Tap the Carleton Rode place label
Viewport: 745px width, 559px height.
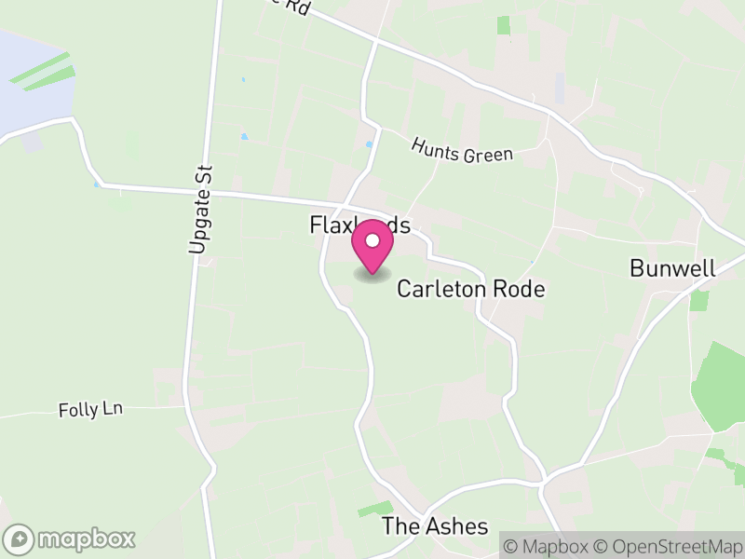470,289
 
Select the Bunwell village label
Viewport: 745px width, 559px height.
672,269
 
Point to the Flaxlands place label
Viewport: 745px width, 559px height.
359,226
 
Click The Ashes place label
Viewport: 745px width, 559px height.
434,526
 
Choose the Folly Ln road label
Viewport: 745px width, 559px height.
90,409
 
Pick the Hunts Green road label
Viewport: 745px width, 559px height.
462,149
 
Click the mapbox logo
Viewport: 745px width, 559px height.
71,539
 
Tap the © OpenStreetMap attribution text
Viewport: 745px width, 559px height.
668,545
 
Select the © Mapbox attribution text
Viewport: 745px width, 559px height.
548,545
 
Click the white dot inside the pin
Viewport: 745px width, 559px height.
372,240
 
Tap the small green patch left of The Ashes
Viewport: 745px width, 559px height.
374,509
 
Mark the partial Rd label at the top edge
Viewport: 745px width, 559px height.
294,6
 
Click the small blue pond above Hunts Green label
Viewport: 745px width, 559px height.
369,144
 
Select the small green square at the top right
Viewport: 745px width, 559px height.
504,25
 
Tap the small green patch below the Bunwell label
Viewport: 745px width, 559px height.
698,301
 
